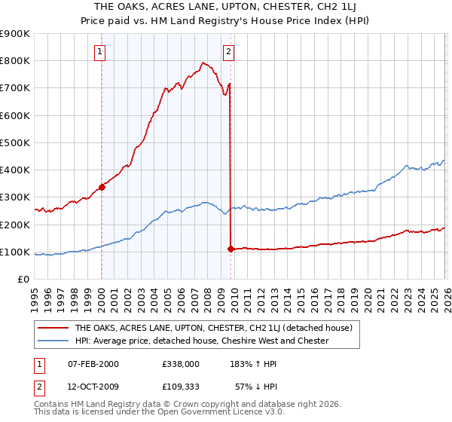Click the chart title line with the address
point(226,7)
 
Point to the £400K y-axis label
point(15,170)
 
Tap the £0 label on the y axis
point(23,280)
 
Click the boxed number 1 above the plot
point(100,52)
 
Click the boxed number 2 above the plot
point(228,52)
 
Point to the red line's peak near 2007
point(203,63)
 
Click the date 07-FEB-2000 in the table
point(93,363)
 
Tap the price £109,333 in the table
point(181,387)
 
